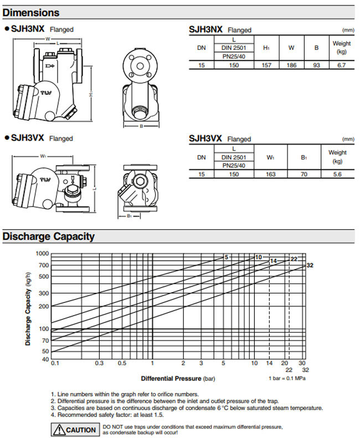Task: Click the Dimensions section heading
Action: (31, 12)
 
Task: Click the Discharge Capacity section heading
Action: (49, 237)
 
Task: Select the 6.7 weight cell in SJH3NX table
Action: (341, 65)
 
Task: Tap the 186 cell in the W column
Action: (291, 65)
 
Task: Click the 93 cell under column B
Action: (316, 65)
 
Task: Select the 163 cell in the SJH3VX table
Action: (271, 174)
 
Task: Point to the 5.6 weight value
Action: (337, 174)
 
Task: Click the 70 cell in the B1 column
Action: (304, 174)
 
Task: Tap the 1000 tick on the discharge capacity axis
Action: (42, 253)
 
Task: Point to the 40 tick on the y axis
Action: (45, 359)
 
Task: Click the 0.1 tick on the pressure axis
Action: (54, 363)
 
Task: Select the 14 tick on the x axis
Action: (269, 363)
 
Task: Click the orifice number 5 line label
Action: (226, 257)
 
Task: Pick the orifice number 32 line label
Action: (310, 265)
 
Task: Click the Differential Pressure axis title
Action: (177, 379)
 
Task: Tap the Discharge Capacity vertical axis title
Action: (28, 307)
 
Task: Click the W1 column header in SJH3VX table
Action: (271, 158)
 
